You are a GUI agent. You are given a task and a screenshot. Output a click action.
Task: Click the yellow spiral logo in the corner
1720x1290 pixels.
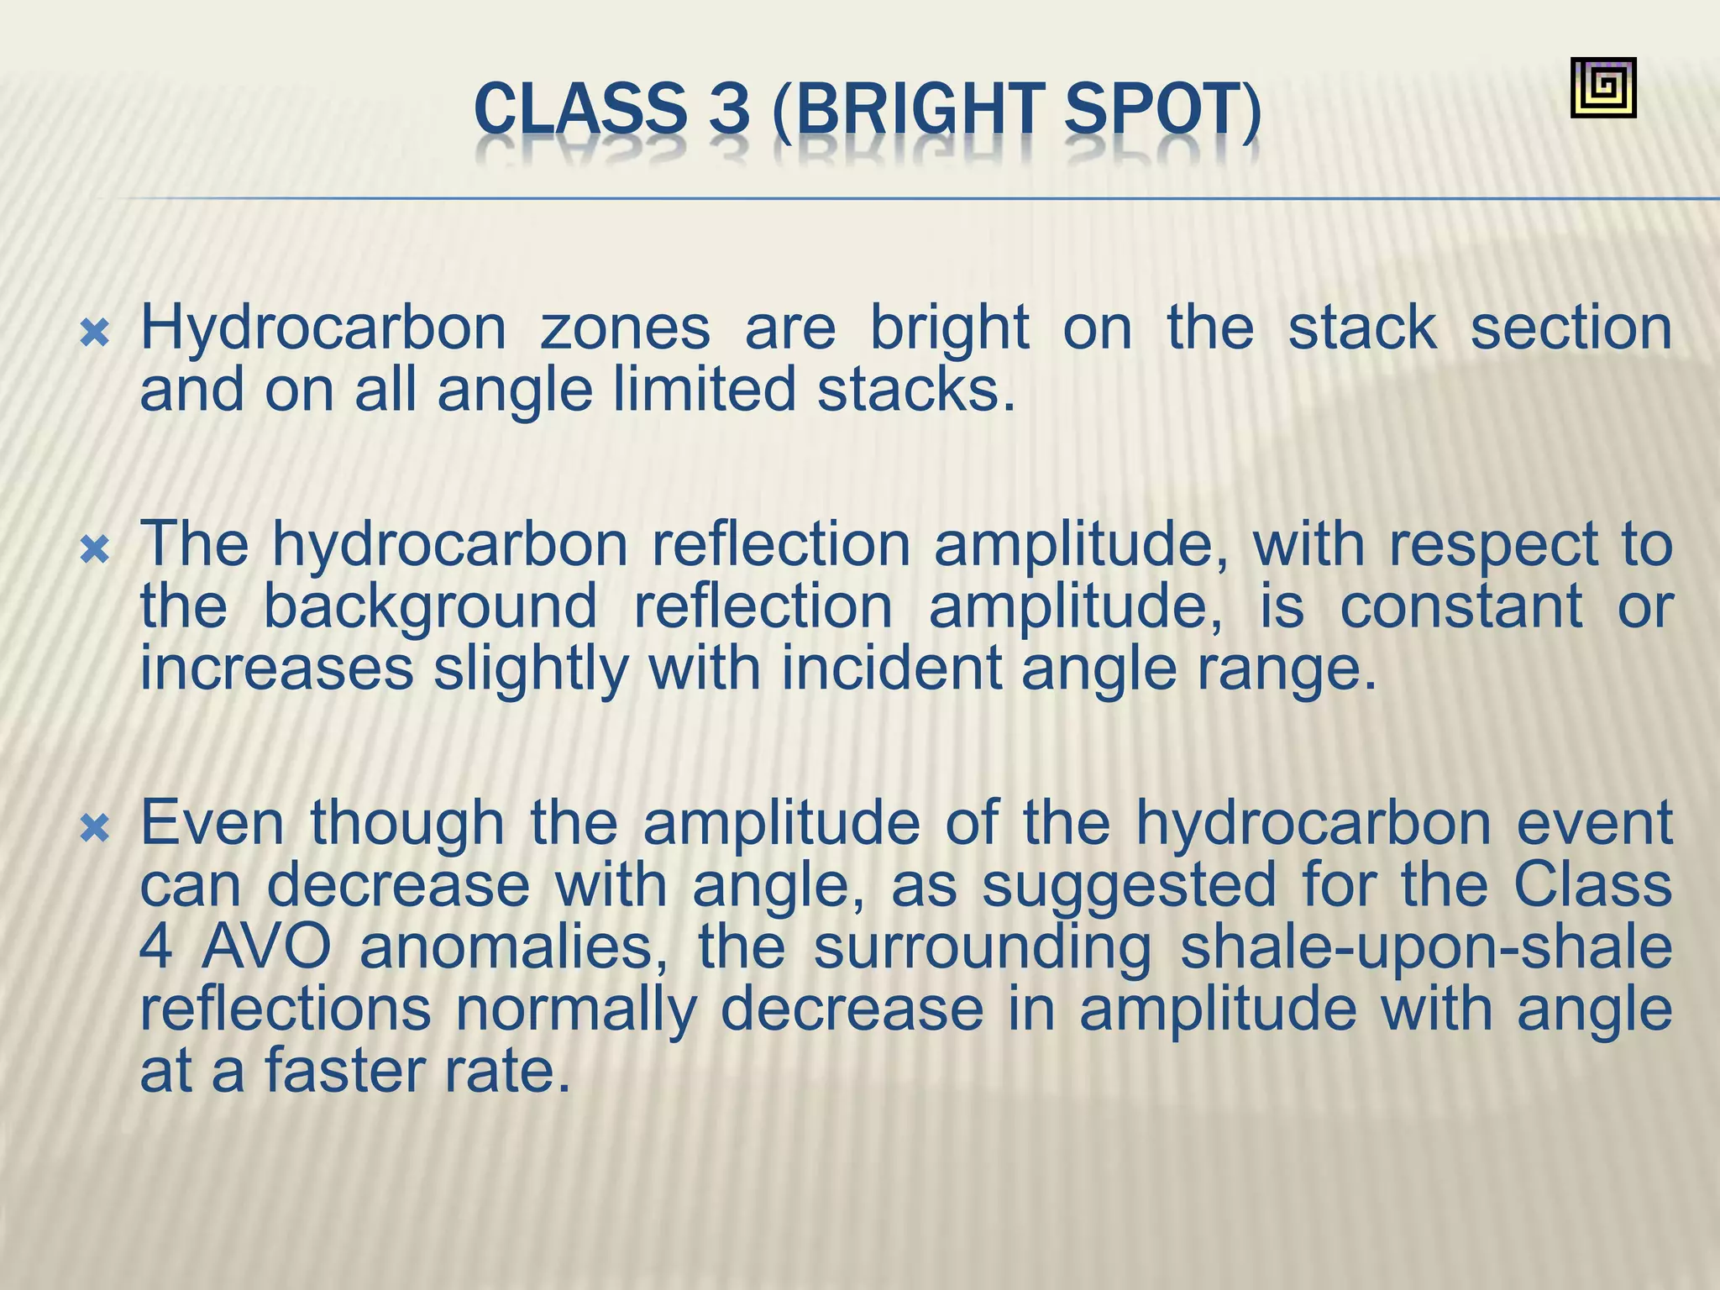click(1602, 87)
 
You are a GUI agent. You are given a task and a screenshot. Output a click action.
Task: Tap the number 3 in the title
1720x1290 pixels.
click(728, 110)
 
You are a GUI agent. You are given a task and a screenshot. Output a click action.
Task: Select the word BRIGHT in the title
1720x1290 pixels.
click(916, 110)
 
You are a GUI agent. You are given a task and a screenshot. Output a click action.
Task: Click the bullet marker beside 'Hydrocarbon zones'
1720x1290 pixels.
click(95, 335)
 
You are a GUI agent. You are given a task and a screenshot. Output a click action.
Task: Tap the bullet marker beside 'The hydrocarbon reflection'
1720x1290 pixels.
click(95, 552)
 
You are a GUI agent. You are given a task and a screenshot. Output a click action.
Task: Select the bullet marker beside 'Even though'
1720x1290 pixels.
click(95, 830)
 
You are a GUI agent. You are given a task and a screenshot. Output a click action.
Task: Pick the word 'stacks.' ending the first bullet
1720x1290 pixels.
click(916, 391)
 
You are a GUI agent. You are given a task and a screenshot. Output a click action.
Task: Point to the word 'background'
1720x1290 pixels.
click(430, 607)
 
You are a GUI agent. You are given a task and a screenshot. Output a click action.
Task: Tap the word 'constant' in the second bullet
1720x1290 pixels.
click(1460, 607)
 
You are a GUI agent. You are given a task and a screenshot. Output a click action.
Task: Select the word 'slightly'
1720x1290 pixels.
click(531, 669)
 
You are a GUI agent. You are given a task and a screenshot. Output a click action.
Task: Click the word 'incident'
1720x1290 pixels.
click(892, 669)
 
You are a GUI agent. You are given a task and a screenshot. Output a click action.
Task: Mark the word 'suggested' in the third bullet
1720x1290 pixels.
click(1129, 886)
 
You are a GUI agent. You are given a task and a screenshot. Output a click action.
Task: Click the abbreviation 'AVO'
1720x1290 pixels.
click(266, 948)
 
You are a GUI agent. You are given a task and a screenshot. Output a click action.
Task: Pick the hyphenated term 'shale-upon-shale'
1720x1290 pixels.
click(1425, 948)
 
